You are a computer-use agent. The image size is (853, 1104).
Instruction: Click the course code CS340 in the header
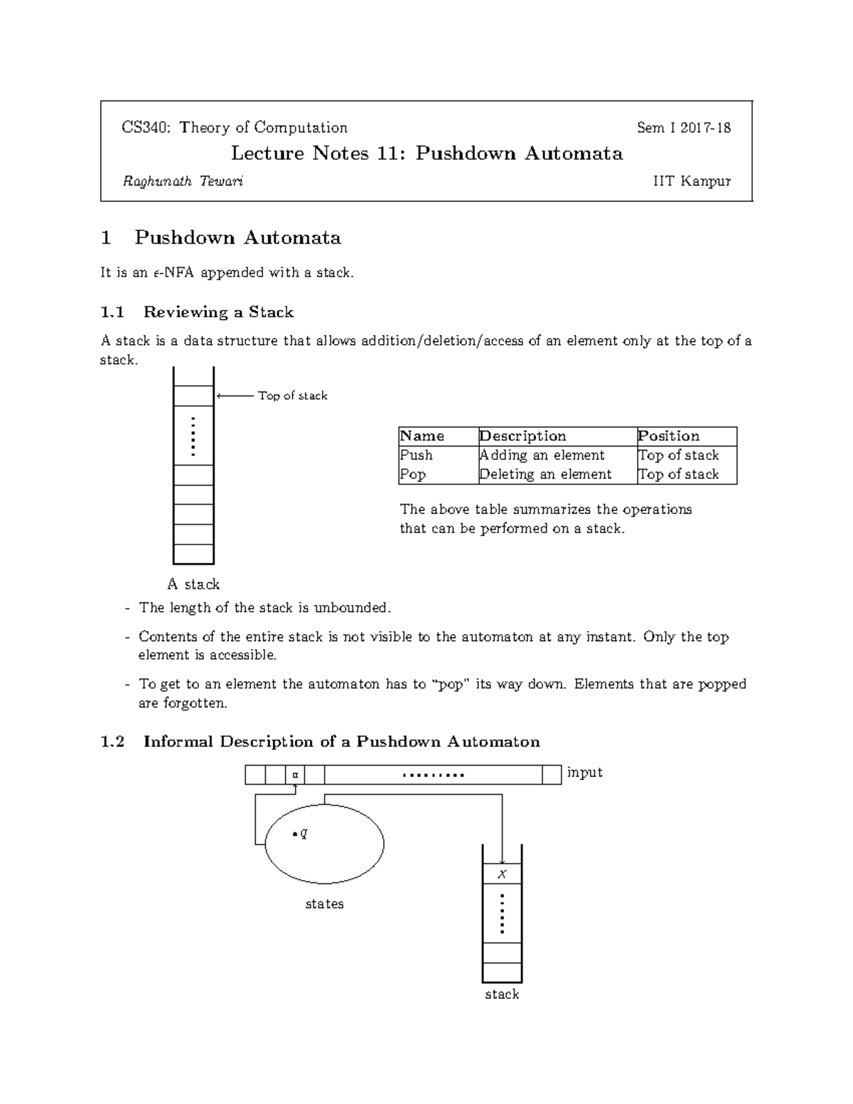click(x=145, y=128)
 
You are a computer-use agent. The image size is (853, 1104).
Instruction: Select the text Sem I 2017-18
click(x=683, y=128)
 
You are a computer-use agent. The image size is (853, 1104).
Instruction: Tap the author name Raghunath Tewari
click(x=183, y=181)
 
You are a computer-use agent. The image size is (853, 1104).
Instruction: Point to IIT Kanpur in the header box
click(x=692, y=181)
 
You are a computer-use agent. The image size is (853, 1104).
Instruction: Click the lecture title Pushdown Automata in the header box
click(x=519, y=154)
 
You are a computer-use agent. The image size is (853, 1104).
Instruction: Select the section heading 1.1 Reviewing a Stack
click(x=197, y=312)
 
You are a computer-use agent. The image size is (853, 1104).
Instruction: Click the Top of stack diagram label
click(x=292, y=396)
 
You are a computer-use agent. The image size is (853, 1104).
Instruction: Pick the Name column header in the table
click(x=422, y=436)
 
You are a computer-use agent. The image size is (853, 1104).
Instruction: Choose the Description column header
click(x=522, y=436)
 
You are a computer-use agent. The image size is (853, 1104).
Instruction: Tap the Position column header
click(x=668, y=436)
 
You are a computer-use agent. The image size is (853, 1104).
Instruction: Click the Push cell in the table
click(x=417, y=455)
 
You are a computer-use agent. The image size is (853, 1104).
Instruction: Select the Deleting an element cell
click(x=545, y=474)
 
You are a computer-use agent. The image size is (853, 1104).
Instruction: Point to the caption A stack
click(x=193, y=584)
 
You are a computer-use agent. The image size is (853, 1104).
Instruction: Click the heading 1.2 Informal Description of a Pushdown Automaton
click(x=320, y=742)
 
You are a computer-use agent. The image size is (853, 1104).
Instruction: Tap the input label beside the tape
click(x=584, y=773)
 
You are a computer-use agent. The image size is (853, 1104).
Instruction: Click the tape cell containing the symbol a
click(x=295, y=775)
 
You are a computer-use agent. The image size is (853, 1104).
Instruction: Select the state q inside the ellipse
click(x=301, y=833)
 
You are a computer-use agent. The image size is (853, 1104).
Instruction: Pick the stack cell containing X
click(x=502, y=874)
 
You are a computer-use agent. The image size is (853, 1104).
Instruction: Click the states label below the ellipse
click(x=324, y=904)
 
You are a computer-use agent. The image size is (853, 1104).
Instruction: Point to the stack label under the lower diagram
click(x=502, y=995)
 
